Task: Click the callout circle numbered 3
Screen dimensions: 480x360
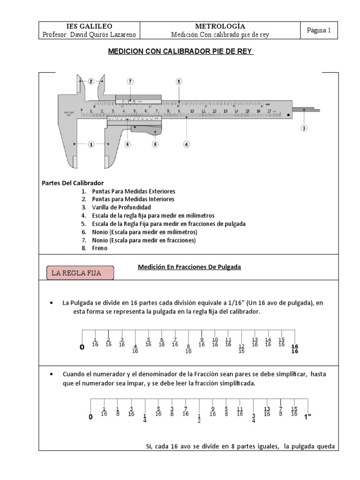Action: [x=304, y=128]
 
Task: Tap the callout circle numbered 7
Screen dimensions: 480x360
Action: [x=130, y=81]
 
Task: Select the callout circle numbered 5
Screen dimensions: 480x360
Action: [x=179, y=82]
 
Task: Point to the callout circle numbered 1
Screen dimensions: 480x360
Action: [x=91, y=144]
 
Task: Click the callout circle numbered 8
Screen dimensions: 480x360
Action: [x=155, y=144]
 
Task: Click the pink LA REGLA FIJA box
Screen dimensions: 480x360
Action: [x=80, y=273]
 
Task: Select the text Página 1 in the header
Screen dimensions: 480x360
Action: [x=319, y=30]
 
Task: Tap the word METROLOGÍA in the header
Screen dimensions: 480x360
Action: [x=219, y=26]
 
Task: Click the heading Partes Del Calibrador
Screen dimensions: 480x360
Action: [x=73, y=182]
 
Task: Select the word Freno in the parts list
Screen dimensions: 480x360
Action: [x=100, y=248]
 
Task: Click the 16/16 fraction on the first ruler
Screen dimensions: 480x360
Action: [x=295, y=349]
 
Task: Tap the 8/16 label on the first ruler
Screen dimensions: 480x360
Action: [x=188, y=349]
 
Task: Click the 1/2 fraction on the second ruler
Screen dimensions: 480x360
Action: [x=199, y=418]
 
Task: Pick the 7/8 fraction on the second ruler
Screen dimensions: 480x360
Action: [x=280, y=411]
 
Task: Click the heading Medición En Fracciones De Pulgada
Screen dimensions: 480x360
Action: [x=189, y=267]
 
